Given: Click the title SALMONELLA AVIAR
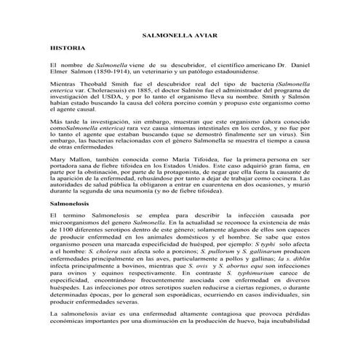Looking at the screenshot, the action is click(181, 35).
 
